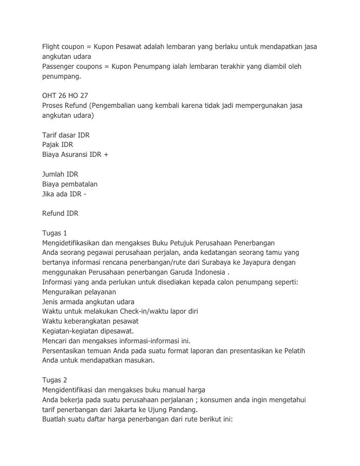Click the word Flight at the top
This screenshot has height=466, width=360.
click(51, 47)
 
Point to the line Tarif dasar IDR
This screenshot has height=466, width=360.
click(65, 135)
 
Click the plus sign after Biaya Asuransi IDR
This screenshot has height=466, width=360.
click(106, 155)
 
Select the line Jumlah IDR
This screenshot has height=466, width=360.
click(59, 174)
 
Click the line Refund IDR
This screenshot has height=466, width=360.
click(60, 213)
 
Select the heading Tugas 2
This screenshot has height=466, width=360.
click(54, 380)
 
